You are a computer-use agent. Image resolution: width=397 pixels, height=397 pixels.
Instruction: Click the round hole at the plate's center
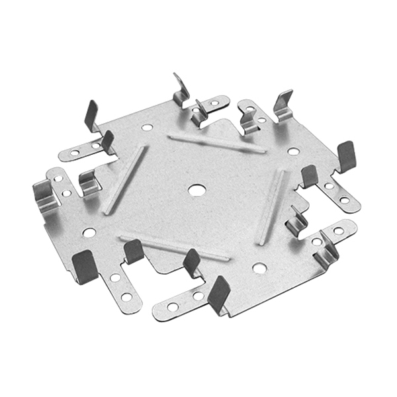(196, 190)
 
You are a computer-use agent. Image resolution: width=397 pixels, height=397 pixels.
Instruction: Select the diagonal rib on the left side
(124, 180)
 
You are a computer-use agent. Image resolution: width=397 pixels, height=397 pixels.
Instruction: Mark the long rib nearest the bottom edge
(173, 247)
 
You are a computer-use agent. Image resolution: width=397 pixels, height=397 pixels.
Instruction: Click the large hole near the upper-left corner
(147, 127)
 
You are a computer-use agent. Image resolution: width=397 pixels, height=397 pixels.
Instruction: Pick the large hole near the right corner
(293, 152)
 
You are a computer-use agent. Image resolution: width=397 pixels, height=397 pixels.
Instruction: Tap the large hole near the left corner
(89, 233)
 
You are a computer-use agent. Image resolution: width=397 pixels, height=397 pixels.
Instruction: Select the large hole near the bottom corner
(259, 269)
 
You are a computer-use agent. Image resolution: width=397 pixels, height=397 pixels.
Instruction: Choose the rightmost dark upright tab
(347, 156)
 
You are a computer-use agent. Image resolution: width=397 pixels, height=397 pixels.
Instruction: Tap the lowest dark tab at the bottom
(218, 294)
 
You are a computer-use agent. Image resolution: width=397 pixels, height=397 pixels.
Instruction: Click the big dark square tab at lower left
(85, 265)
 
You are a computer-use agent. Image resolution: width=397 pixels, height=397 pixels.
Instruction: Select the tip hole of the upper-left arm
(75, 153)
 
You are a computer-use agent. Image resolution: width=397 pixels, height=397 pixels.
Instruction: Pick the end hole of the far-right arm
(345, 200)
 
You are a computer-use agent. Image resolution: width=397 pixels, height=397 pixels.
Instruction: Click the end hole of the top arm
(214, 104)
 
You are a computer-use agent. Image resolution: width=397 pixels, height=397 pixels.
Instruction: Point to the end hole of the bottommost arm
(172, 307)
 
